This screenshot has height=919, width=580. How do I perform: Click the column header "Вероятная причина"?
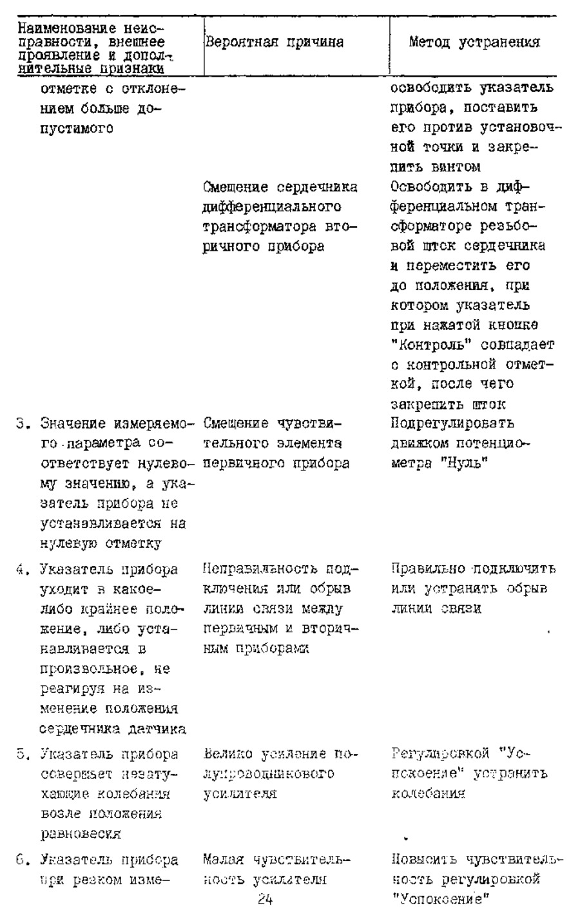[x=273, y=43]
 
